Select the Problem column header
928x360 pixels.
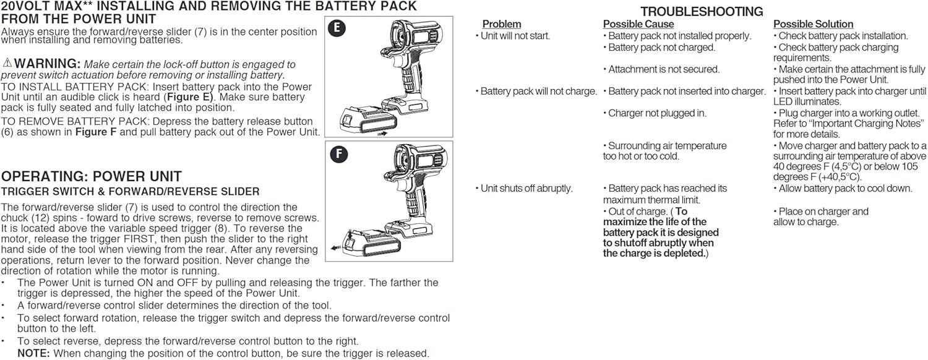[x=502, y=24]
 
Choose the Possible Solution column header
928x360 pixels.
[x=813, y=24]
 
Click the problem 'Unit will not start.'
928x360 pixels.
[x=513, y=36]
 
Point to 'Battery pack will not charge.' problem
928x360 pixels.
[x=536, y=92]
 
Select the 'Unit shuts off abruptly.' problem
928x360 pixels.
[x=524, y=189]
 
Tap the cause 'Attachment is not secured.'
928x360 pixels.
[x=661, y=70]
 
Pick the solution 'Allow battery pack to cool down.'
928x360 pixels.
[x=843, y=189]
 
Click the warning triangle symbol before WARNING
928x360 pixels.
[x=7, y=63]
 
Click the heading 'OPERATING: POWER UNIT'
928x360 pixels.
[x=92, y=176]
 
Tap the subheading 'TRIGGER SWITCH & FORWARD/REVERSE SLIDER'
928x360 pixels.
[x=131, y=192]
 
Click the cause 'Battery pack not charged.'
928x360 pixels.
[x=659, y=48]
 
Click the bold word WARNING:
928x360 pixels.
[x=48, y=64]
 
